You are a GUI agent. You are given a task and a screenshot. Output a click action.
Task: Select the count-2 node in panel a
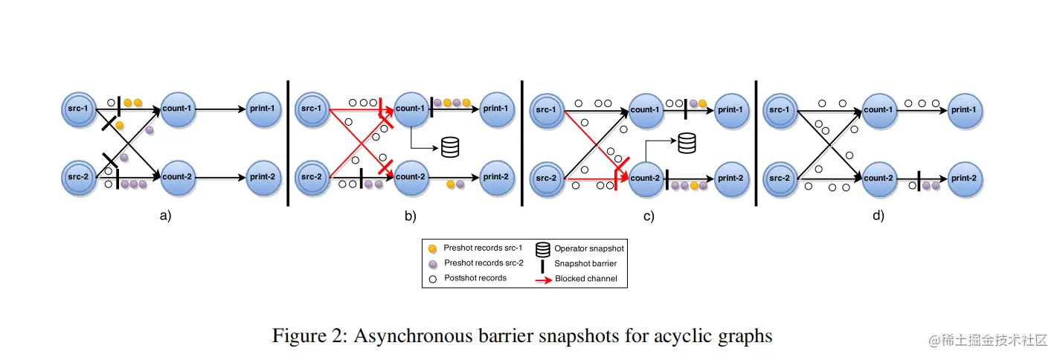click(177, 178)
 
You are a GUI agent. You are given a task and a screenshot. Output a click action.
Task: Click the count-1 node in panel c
click(646, 109)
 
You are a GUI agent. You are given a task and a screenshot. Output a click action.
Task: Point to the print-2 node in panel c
click(730, 178)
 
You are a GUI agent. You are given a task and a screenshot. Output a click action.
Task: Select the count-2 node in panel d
click(878, 178)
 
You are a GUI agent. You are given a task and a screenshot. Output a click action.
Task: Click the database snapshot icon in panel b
click(450, 147)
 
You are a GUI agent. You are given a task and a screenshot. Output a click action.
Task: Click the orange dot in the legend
click(432, 248)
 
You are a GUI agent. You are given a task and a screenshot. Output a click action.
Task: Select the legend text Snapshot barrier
click(585, 263)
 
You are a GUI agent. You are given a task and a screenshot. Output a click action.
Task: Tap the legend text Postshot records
click(475, 278)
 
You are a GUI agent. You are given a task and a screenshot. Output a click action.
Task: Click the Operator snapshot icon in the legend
click(543, 248)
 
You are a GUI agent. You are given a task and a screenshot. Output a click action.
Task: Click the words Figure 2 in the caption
click(306, 336)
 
